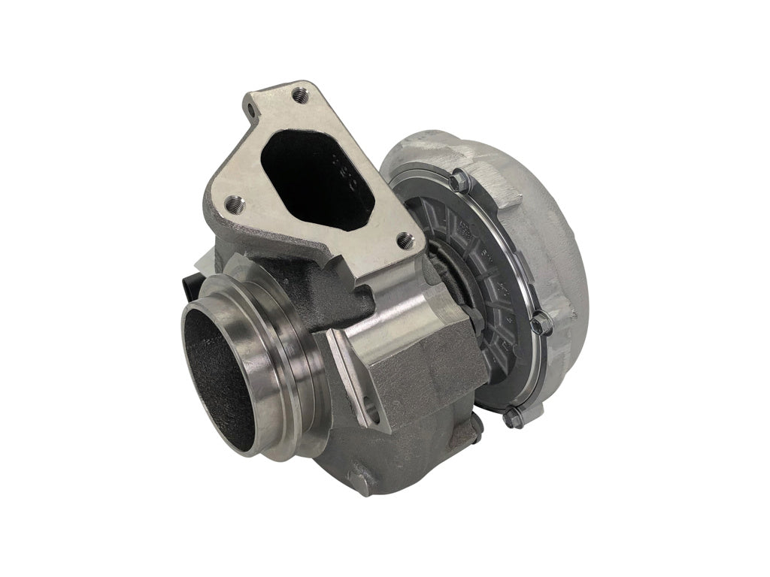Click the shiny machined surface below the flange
(399, 301)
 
